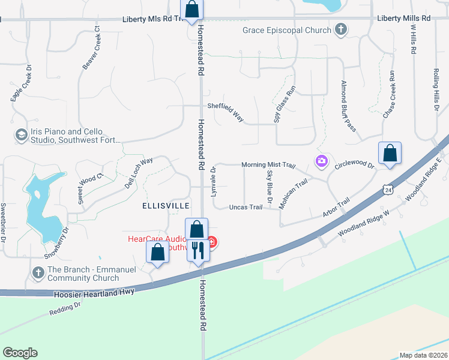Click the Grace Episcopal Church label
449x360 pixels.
(287, 30)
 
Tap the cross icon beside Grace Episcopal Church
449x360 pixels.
(341, 29)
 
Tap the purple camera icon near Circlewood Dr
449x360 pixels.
(322, 160)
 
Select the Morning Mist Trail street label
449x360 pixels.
(269, 165)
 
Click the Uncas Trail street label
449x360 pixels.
(246, 207)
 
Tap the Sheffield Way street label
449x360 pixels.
(226, 112)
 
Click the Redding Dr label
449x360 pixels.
(65, 309)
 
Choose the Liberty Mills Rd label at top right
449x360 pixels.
(404, 19)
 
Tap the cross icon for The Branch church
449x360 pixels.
(38, 274)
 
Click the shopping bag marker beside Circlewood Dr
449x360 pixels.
(390, 152)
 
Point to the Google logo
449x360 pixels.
(20, 353)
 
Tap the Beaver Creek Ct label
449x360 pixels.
(92, 48)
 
